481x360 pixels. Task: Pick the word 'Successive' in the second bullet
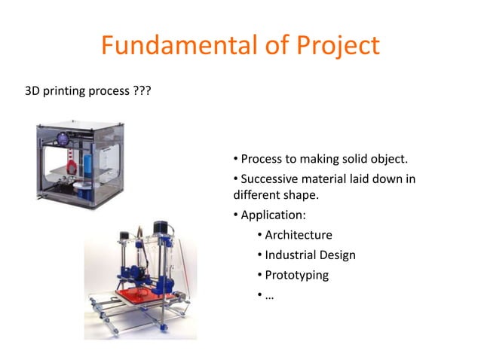pos(269,178)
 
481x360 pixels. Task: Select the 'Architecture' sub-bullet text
pos(299,236)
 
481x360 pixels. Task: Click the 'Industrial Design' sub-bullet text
pos(311,255)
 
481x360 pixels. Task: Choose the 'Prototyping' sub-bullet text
pos(297,275)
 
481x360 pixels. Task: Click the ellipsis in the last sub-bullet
pos(269,295)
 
